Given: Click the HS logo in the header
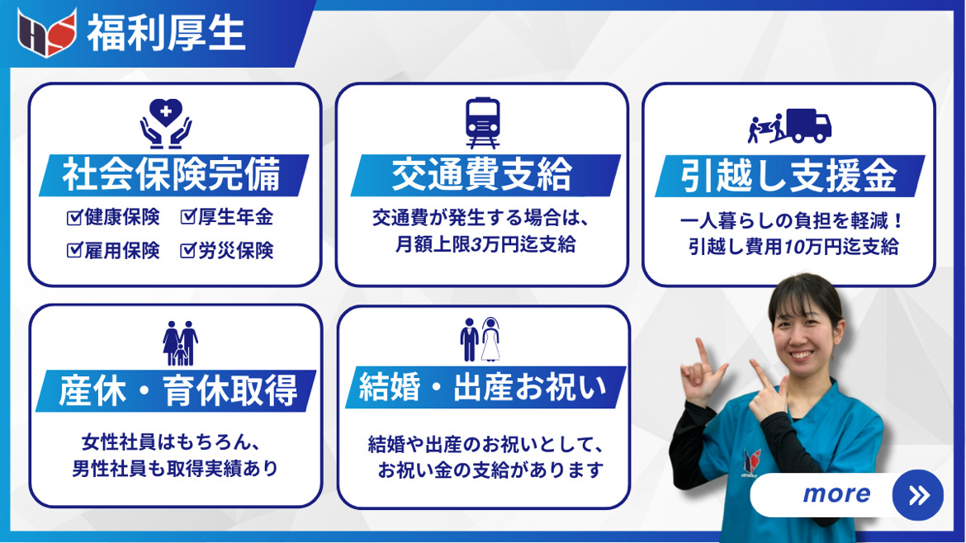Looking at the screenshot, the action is coord(47,33).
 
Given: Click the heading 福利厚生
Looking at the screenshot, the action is coord(166,33).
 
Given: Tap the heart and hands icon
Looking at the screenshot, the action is coord(166,123).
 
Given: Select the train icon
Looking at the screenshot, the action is coord(482,122).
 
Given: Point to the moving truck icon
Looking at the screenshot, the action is coord(789,126).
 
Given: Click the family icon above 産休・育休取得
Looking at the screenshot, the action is coord(181,343).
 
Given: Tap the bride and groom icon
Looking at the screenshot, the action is coord(481,339).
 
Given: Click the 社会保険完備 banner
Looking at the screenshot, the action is coord(173,176).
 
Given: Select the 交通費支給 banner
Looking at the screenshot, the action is coord(485,176).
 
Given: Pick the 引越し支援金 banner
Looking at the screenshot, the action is coord(790,176).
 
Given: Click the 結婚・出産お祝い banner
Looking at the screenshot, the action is coord(485,387).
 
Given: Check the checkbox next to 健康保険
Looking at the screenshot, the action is coord(74,217).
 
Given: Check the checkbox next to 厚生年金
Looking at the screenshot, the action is coord(188,217).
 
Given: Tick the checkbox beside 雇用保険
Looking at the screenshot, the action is coord(74,250).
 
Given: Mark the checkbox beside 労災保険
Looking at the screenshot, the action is coord(188,250).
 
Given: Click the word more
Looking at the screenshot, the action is coord(836,493).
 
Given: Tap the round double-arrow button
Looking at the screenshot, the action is coord(918,495).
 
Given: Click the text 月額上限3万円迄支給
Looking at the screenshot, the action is coord(485,244).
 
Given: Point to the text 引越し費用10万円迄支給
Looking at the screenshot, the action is coord(793,247).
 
